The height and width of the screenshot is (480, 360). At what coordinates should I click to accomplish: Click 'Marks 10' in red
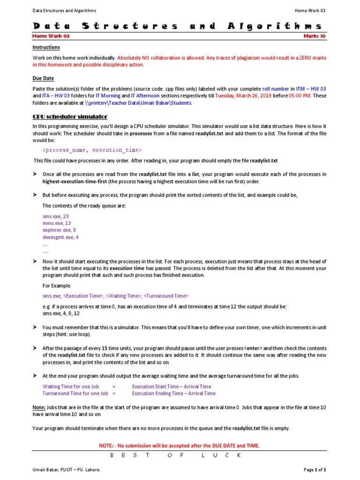click(x=315, y=36)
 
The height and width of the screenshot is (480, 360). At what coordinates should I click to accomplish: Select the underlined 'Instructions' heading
click(x=46, y=47)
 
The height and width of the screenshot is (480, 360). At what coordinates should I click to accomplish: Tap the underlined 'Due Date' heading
click(x=43, y=79)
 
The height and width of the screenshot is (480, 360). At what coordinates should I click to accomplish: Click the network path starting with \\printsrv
click(x=138, y=103)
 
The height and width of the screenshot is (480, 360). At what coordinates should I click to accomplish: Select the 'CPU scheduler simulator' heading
click(x=70, y=116)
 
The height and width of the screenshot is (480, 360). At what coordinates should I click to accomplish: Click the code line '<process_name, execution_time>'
click(x=92, y=150)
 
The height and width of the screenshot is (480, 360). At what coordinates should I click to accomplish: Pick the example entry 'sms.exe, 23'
click(x=55, y=216)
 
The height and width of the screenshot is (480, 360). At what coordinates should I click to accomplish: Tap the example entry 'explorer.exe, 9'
click(x=59, y=230)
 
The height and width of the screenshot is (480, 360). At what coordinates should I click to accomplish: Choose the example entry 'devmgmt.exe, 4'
click(x=60, y=237)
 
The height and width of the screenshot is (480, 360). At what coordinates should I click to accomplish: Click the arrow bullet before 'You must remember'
click(x=35, y=327)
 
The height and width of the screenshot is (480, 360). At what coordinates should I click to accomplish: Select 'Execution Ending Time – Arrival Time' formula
click(x=173, y=393)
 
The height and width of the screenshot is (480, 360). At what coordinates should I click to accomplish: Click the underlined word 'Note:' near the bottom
click(x=39, y=408)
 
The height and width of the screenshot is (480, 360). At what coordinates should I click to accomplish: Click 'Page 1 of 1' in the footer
click(x=315, y=469)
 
